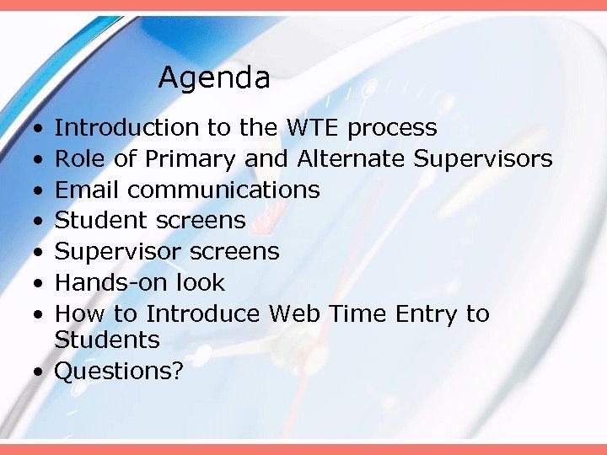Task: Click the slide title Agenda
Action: pos(214,79)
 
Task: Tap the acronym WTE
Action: pos(314,128)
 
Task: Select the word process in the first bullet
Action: pos(392,129)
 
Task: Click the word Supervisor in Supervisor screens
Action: pos(118,252)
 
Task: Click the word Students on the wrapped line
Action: pos(107,340)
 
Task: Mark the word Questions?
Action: pos(119,372)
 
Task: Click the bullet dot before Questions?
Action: pos(40,372)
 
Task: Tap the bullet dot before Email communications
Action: pos(40,190)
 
